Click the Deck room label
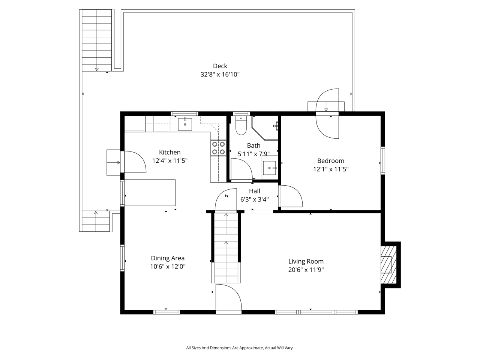[220, 66]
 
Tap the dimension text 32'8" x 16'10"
[220, 75]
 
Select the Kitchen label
[169, 152]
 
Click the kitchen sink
[185, 124]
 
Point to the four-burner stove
[218, 148]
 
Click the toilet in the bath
[240, 126]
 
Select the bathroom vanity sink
[270, 168]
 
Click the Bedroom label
[331, 161]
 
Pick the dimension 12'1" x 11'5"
[331, 169]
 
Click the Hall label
[254, 191]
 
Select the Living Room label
[306, 261]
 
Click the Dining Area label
[168, 258]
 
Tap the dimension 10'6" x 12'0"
[168, 267]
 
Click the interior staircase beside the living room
[226, 247]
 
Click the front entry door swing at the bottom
[229, 298]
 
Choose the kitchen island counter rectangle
[150, 193]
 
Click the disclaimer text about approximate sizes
[240, 348]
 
